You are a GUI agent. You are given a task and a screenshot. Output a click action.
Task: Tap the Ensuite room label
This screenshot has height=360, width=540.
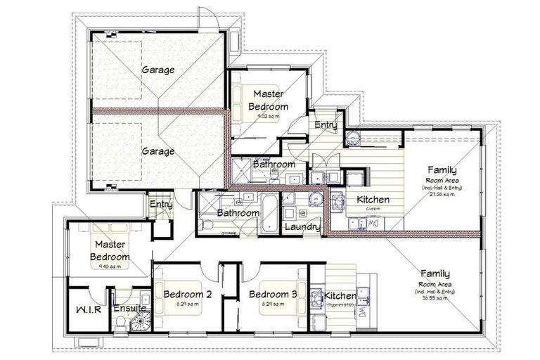pos(129,308)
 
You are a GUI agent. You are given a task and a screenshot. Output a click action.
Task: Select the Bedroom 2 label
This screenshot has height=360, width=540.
pos(183,294)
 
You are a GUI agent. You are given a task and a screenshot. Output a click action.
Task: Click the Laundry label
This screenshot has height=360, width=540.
pos(302,227)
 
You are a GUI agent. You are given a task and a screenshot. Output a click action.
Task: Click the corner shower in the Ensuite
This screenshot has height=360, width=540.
pos(144,321)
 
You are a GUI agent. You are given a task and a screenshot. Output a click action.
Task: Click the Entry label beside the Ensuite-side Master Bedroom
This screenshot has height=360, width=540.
pos(160,205)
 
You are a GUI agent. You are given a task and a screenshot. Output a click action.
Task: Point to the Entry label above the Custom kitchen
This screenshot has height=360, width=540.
pos(326,125)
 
